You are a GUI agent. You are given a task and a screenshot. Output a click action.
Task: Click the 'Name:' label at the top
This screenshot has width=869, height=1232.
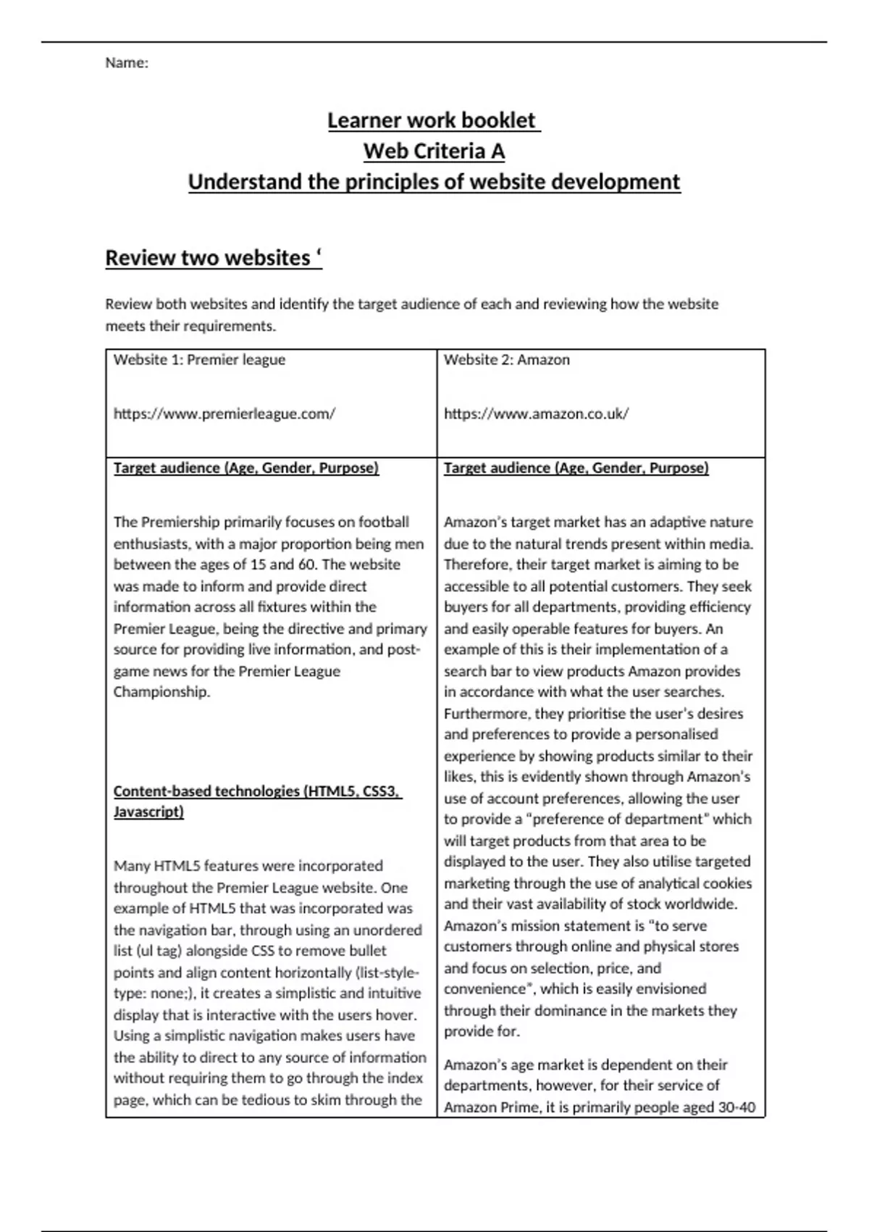127,63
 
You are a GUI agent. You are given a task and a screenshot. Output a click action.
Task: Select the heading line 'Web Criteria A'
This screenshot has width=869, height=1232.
434,151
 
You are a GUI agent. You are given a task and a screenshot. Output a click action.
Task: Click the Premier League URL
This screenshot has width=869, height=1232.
224,414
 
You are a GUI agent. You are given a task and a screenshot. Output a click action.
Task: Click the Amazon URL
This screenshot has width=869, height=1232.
536,414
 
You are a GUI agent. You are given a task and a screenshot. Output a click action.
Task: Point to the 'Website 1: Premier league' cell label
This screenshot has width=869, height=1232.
199,360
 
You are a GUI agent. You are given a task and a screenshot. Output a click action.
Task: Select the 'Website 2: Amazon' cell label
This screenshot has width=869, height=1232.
506,360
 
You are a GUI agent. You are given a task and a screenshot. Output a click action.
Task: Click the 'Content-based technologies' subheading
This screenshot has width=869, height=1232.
257,791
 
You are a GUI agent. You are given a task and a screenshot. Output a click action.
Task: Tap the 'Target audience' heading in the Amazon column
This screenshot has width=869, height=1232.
576,468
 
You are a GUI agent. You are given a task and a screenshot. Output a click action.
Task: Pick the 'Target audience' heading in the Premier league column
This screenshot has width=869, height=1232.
246,468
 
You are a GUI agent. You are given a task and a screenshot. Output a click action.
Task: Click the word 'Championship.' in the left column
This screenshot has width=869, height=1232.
161,692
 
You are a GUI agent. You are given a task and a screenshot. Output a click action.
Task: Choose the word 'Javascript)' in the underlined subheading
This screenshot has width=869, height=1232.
148,812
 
